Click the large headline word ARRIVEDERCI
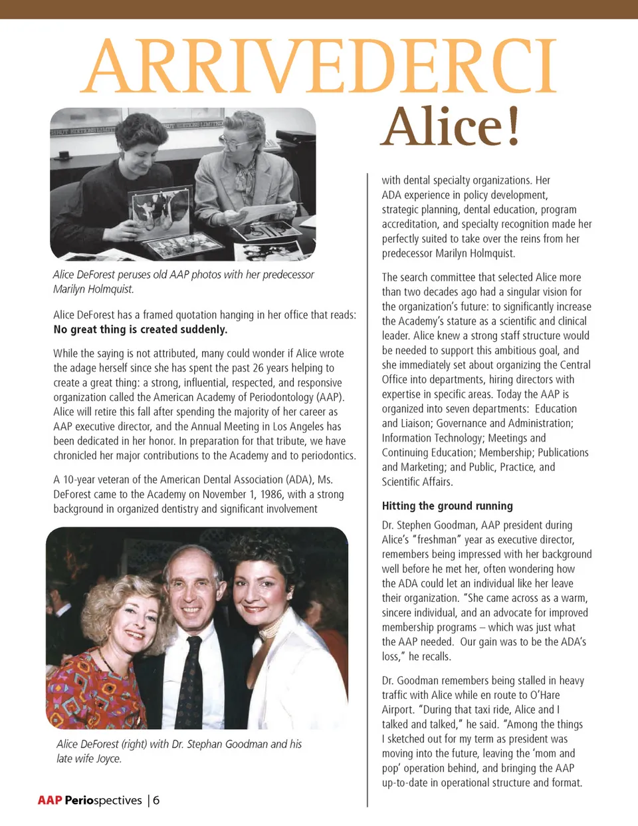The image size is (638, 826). tap(319, 67)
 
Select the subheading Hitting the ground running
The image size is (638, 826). tap(447, 506)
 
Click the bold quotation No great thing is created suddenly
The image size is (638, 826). tap(140, 329)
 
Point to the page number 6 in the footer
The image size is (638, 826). tap(156, 800)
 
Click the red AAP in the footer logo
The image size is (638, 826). tap(50, 800)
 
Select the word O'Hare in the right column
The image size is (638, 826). tap(544, 695)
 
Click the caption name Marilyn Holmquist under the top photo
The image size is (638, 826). tap(93, 289)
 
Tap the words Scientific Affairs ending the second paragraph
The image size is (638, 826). tap(417, 482)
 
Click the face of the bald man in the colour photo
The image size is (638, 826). tap(192, 589)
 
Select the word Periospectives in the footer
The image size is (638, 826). tap(103, 800)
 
